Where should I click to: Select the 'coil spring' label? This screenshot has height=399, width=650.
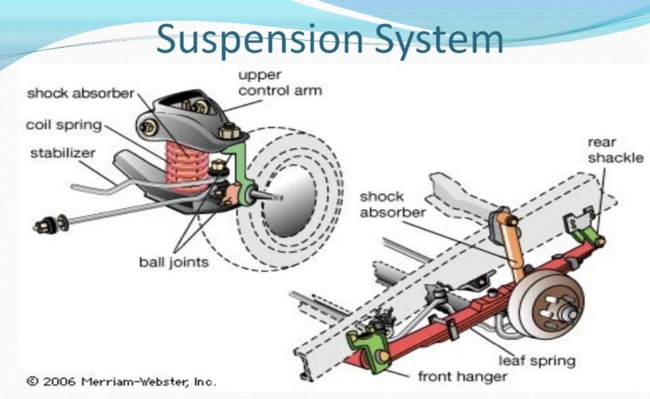pos(64,125)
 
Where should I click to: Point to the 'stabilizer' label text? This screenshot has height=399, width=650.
pos(63,153)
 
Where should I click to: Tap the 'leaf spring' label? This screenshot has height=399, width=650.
pos(536,360)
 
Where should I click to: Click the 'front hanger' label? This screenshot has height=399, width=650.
pos(462,377)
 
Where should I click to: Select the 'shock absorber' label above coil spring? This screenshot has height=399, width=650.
pos(80,93)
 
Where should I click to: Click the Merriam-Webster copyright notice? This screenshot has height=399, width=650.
pos(120,382)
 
